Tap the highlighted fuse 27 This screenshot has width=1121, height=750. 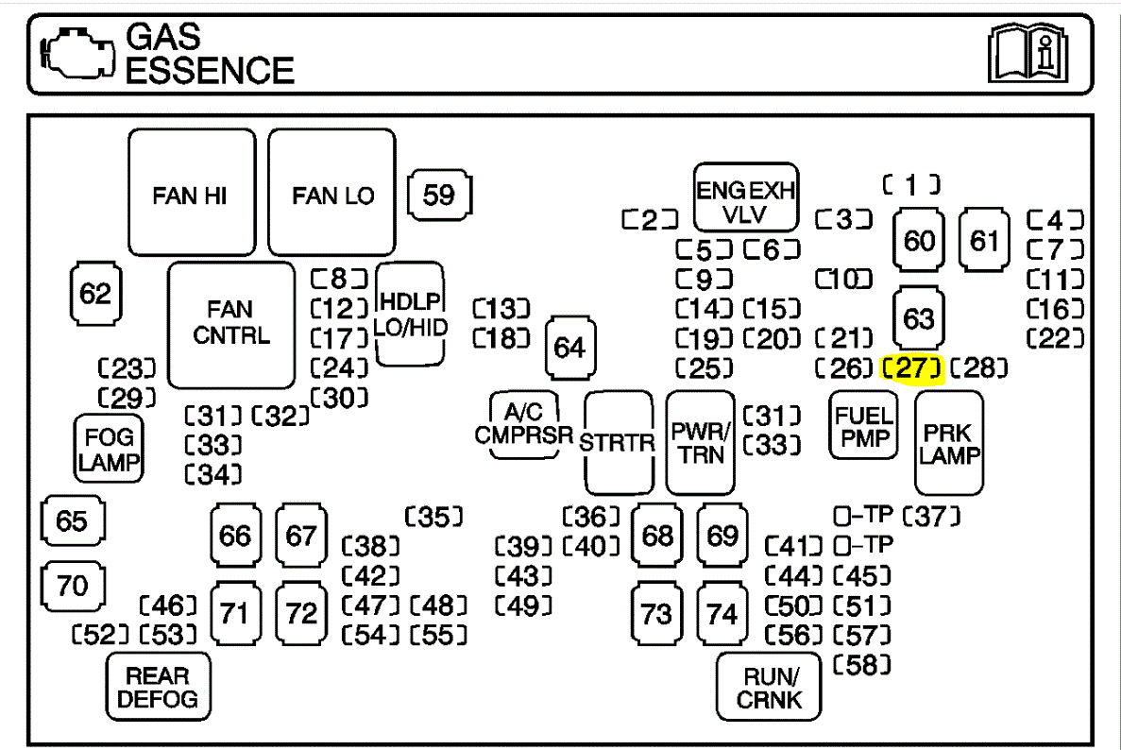click(x=911, y=368)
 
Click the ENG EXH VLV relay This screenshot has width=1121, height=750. click(x=745, y=199)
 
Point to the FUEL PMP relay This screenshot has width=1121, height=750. click(x=864, y=426)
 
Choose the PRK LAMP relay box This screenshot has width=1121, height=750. click(x=949, y=443)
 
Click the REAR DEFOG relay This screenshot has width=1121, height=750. click(x=158, y=687)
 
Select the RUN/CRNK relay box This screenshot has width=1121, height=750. click(x=769, y=688)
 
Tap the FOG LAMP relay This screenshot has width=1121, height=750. click(x=109, y=450)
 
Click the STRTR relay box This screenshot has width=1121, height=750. click(x=619, y=442)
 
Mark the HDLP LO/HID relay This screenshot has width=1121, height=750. click(x=410, y=314)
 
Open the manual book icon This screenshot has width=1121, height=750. click(x=1028, y=56)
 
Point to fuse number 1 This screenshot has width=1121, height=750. click(x=911, y=186)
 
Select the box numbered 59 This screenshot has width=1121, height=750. click(x=439, y=196)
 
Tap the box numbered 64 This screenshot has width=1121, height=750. click(x=569, y=348)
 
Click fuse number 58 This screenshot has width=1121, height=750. click(x=862, y=665)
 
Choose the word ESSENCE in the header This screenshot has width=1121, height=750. click(x=210, y=71)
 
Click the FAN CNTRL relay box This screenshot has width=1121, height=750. click(x=231, y=323)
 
